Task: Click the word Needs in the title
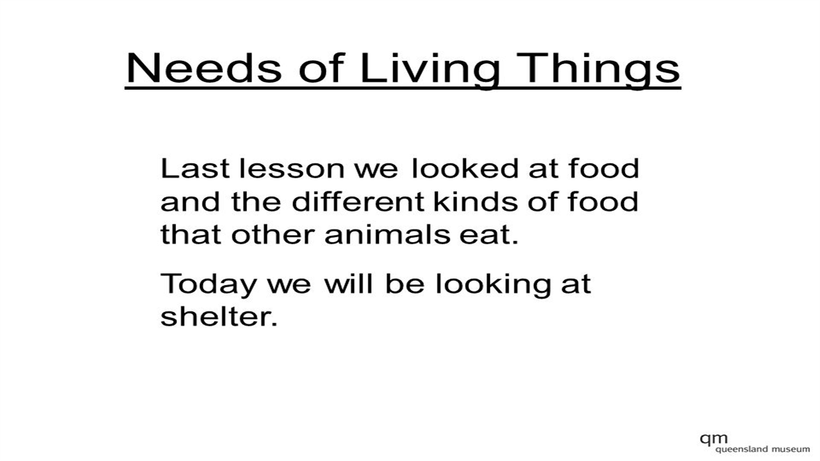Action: point(203,68)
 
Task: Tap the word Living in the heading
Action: point(429,68)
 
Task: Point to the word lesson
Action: point(291,168)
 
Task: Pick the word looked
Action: point(465,168)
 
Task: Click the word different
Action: point(358,202)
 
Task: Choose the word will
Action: point(350,284)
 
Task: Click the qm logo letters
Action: point(713,439)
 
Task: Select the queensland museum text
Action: point(763,449)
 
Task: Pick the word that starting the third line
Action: point(191,235)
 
